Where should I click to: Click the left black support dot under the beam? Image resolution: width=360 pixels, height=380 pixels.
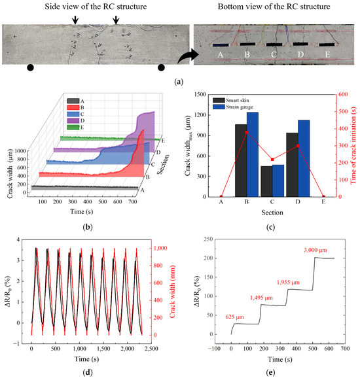(30, 67)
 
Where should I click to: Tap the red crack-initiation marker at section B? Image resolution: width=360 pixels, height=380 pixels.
(247, 132)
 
